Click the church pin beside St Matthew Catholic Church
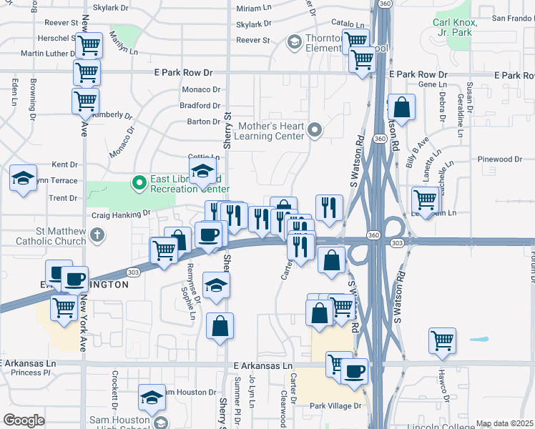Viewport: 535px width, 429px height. [x=98, y=234]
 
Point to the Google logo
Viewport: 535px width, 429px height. [x=24, y=420]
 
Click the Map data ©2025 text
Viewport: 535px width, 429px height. [x=504, y=423]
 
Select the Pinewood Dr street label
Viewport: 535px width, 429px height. [x=501, y=159]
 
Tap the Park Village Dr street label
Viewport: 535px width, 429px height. [x=336, y=405]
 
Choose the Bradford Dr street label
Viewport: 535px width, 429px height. [x=200, y=105]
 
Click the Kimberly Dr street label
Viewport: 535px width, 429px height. [x=113, y=114]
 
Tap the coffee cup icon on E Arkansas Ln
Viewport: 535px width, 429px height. [x=354, y=372]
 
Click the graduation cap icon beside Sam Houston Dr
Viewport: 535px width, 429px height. [x=152, y=397]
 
